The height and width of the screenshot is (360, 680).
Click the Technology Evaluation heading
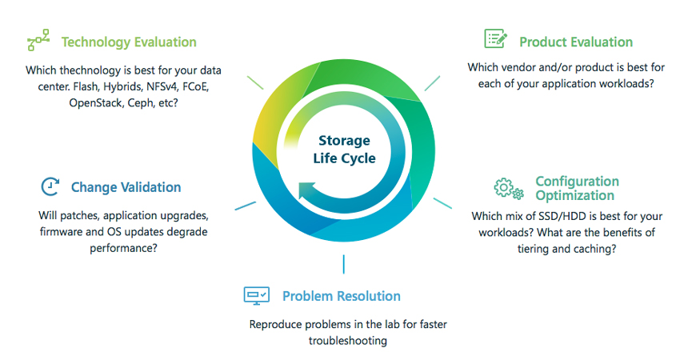tap(129, 42)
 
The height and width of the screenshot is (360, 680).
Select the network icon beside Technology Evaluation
tap(38, 40)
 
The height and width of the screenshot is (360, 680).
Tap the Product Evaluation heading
tap(576, 42)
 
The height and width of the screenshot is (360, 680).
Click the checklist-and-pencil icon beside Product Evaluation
tap(495, 38)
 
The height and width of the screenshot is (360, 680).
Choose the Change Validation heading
tap(126, 187)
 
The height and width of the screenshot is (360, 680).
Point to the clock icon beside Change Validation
tap(50, 186)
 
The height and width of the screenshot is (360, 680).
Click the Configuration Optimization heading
tap(578, 188)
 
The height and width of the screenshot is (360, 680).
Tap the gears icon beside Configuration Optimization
tap(509, 189)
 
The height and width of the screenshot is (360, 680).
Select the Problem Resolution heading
tap(342, 296)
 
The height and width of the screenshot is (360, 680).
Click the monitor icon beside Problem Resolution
tap(256, 296)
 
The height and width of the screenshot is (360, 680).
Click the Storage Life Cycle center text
tap(344, 150)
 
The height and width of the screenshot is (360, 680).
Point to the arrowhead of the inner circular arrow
tap(306, 190)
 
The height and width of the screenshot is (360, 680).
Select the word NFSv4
tap(162, 86)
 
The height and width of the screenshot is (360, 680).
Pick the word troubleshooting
tap(348, 342)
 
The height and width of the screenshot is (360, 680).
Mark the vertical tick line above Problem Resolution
tap(343, 264)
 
